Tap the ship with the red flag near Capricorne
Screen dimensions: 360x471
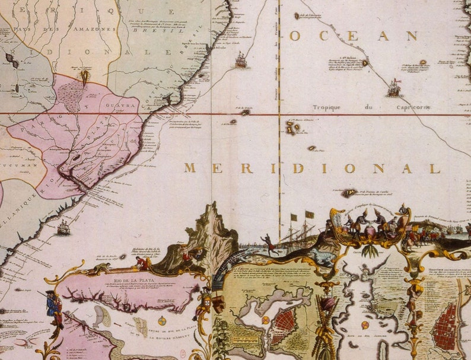394,88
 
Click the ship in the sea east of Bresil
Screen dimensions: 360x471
241,59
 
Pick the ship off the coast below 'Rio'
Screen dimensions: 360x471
63,227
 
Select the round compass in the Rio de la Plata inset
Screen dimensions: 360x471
162,320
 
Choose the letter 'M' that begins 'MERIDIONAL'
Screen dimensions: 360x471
190,168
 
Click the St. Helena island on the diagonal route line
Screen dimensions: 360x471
364,63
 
